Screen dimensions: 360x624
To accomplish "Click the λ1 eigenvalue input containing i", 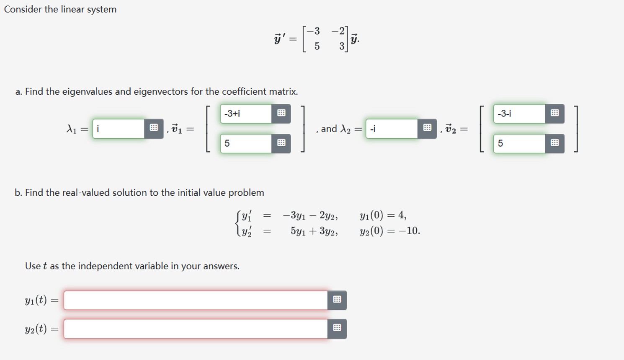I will coord(119,129).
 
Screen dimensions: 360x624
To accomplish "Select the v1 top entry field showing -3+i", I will coord(246,114).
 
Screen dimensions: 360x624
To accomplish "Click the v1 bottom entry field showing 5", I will coord(246,143).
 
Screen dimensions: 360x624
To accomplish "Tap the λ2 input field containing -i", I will coord(392,129).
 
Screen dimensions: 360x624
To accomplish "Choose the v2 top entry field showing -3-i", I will coord(519,114).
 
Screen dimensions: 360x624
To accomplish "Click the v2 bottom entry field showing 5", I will coord(519,143).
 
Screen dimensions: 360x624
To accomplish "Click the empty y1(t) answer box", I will coord(196,300).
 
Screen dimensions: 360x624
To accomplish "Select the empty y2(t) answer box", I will coord(196,329).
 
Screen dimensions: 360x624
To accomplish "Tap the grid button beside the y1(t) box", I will coord(337,300).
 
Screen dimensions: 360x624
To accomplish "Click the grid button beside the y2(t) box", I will coord(337,329).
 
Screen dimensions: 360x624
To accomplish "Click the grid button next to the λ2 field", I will coord(427,128).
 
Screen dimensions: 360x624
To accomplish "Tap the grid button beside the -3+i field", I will coord(281,114).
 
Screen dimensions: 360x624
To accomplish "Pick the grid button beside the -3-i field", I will coord(555,114).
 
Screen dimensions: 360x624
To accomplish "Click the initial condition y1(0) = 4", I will coord(383,215).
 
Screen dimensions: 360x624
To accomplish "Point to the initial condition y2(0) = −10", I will coord(389,231).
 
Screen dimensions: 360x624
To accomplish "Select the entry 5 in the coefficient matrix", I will coord(317,46).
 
